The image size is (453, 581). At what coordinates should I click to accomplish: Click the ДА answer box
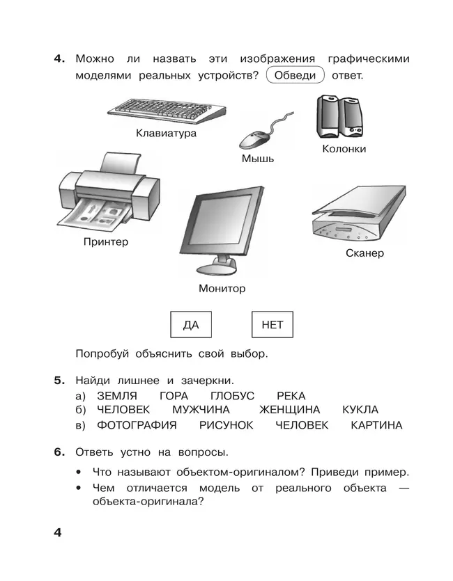point(190,325)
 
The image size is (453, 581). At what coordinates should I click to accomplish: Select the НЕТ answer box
point(272,325)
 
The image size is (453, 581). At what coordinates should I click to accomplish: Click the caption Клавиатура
point(166,133)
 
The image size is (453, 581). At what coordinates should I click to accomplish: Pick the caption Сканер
point(364,253)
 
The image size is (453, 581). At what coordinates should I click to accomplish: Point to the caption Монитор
point(222,288)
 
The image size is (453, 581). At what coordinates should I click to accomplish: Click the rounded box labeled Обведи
point(295,76)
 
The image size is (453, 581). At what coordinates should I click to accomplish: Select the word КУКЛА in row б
point(360,410)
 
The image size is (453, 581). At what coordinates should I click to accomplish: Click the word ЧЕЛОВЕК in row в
point(301,425)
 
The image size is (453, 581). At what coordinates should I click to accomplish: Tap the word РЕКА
point(291,395)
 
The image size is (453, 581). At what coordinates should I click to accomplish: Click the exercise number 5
point(59,380)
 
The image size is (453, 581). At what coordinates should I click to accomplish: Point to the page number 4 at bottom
point(59,533)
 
